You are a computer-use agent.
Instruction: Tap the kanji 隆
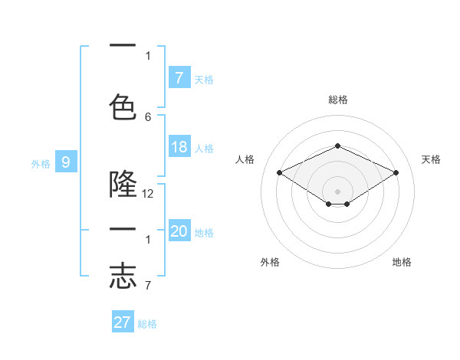pyautogui.click(x=123, y=185)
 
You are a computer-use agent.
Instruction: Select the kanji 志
pyautogui.click(x=123, y=276)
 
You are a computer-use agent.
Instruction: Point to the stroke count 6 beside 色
pyautogui.click(x=148, y=116)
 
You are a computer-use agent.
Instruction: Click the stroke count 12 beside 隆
pyautogui.click(x=148, y=194)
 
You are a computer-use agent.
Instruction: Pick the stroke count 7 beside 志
pyautogui.click(x=148, y=285)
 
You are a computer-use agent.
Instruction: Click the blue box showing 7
pyautogui.click(x=179, y=77)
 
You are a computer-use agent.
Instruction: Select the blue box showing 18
pyautogui.click(x=179, y=147)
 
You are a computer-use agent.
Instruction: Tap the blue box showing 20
pyautogui.click(x=179, y=231)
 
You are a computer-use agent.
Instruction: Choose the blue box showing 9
pyautogui.click(x=66, y=162)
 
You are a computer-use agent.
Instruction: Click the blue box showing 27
pyautogui.click(x=123, y=322)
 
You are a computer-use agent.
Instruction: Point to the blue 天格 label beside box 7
pyautogui.click(x=204, y=79)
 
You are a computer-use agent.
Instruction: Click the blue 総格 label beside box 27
pyautogui.click(x=147, y=324)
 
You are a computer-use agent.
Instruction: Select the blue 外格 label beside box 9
pyautogui.click(x=41, y=163)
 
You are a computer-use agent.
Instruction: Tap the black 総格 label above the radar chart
pyautogui.click(x=338, y=100)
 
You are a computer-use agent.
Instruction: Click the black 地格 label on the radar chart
pyautogui.click(x=402, y=263)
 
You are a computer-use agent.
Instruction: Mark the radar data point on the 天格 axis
pyautogui.click(x=396, y=173)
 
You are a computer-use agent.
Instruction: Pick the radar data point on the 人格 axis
pyautogui.click(x=280, y=173)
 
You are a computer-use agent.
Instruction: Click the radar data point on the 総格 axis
pyautogui.click(x=338, y=146)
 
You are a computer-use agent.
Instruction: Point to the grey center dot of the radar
pyautogui.click(x=338, y=191)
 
